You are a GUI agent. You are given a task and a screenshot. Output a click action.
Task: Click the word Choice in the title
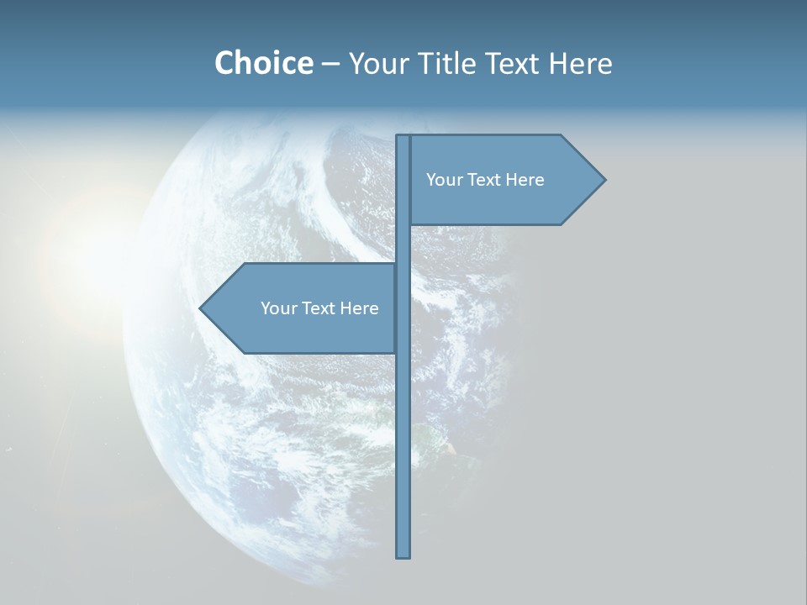[x=263, y=63]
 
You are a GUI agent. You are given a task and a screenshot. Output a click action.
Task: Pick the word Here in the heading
[x=581, y=63]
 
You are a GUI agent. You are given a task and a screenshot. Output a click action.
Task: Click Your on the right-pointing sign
[x=443, y=180]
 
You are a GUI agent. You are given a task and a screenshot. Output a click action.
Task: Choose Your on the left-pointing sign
[x=277, y=308]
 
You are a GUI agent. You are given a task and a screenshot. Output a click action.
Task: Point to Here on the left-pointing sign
[x=359, y=308]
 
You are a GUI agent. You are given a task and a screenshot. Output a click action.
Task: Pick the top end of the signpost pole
[x=403, y=139]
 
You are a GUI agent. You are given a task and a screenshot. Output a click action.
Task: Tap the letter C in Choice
[x=225, y=63]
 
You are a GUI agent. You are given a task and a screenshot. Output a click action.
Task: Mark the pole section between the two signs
[x=403, y=244]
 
